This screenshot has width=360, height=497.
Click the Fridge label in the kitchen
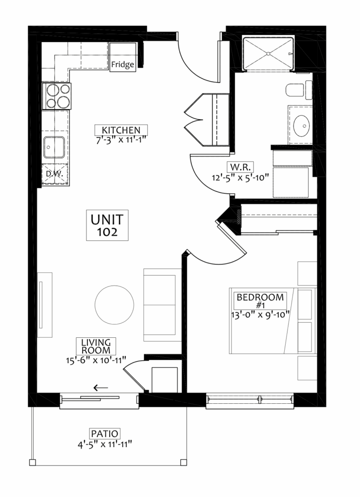(122, 65)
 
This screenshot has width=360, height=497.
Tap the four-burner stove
(56, 96)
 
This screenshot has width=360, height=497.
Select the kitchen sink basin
(54, 147)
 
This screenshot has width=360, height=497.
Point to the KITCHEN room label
(121, 130)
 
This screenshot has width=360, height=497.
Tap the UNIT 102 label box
(107, 225)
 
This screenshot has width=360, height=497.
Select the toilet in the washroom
(299, 90)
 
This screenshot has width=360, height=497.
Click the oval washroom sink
(301, 126)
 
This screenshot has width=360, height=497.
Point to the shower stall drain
(268, 53)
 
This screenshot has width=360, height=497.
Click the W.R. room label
(240, 167)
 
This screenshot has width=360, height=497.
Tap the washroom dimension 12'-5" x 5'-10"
(240, 177)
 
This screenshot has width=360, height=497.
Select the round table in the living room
(114, 305)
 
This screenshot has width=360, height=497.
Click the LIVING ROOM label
(96, 347)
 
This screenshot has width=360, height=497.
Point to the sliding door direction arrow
(101, 388)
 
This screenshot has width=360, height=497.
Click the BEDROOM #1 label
(260, 301)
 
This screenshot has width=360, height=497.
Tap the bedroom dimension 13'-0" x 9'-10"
(260, 315)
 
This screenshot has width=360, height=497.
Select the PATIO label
(104, 433)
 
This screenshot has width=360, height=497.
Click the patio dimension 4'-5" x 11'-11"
(104, 445)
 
